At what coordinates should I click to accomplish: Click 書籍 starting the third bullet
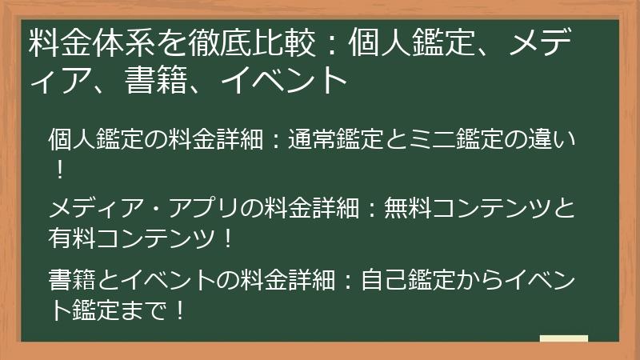point(71,280)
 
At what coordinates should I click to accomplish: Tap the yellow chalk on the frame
point(564,339)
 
